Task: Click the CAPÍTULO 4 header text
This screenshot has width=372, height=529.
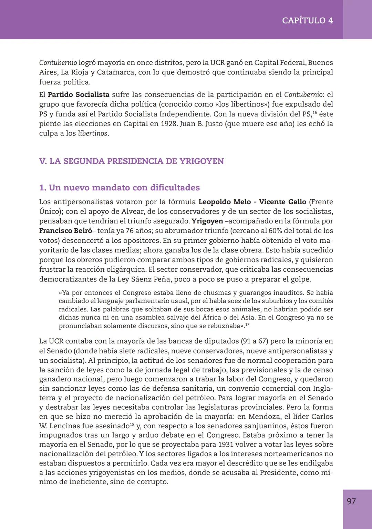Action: click(307, 20)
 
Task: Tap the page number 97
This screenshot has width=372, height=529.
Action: click(351, 501)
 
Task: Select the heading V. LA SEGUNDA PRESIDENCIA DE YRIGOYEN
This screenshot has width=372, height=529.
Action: click(131, 161)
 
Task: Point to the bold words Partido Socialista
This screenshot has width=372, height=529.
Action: click(79, 94)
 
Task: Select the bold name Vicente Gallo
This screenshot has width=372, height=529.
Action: click(282, 202)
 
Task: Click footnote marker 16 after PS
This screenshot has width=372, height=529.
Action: click(314, 112)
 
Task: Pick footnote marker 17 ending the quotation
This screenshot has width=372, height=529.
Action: click(247, 324)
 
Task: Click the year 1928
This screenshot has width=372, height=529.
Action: click(168, 123)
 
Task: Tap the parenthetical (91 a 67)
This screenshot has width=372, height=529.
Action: click(255, 341)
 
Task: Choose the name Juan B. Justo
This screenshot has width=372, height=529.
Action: click(201, 123)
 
